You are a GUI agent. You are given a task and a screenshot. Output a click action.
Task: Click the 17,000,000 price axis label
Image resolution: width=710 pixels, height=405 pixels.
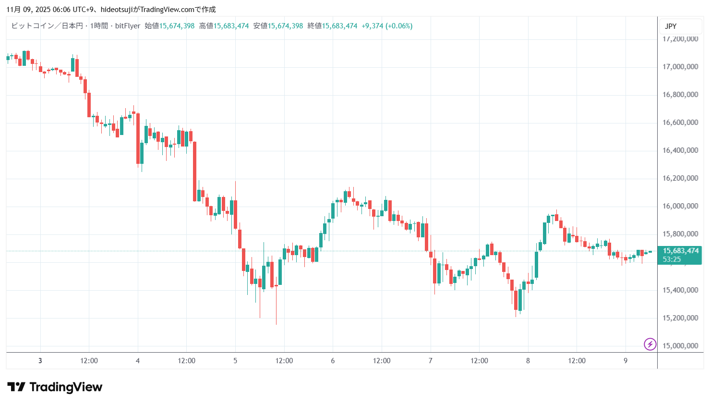(x=680, y=67)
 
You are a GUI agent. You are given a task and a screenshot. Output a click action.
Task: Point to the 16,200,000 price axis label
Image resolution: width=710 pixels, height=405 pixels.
(x=680, y=178)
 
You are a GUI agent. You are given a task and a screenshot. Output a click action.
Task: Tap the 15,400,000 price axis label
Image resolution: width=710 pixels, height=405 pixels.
(x=680, y=290)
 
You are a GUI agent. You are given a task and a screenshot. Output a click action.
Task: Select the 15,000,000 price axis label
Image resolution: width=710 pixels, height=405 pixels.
(x=680, y=346)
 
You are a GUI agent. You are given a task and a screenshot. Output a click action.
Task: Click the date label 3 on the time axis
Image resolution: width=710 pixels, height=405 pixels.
(x=40, y=361)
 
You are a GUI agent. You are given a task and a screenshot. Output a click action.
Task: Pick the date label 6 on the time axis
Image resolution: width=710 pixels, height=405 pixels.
(x=333, y=361)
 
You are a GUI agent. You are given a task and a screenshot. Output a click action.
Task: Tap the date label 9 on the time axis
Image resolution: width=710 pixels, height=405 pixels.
(x=626, y=361)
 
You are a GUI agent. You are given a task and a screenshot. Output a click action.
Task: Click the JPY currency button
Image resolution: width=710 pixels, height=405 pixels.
(x=671, y=26)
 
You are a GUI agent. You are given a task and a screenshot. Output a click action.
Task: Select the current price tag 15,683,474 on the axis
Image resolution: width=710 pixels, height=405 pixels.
(x=680, y=251)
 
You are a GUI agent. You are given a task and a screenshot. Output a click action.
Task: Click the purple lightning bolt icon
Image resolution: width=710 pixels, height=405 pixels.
(x=650, y=344)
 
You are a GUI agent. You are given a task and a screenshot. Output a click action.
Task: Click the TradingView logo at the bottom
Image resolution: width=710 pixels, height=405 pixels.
(x=55, y=387)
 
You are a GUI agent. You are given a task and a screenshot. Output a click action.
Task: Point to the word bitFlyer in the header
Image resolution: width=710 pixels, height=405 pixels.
(x=128, y=26)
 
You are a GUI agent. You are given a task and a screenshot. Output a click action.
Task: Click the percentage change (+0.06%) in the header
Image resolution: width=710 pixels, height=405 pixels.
(x=399, y=26)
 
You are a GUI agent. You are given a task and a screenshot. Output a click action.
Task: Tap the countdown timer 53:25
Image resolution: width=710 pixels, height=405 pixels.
(x=672, y=259)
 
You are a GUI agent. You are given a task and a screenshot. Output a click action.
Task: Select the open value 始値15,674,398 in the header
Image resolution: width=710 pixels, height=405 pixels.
(x=169, y=26)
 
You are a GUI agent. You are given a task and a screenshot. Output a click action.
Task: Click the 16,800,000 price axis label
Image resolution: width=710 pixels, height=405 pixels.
(x=680, y=95)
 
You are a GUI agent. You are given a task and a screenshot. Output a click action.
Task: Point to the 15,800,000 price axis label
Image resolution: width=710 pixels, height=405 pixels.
(x=680, y=234)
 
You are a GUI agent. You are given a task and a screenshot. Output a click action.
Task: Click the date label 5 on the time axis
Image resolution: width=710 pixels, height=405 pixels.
(x=235, y=361)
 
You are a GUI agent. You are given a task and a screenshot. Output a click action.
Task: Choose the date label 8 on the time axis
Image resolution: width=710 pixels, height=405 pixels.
(x=528, y=361)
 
